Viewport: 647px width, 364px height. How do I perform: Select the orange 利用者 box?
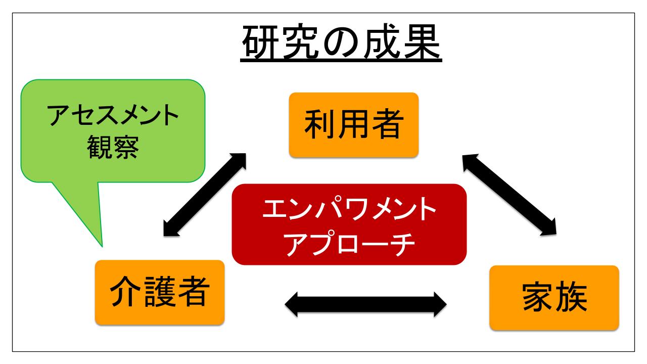click(x=354, y=125)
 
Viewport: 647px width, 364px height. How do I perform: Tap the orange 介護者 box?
click(x=160, y=292)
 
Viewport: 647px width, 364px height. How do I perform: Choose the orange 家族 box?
click(x=554, y=298)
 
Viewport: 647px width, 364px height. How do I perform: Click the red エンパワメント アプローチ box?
click(x=349, y=224)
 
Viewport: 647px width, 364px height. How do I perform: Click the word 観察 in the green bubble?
click(x=113, y=147)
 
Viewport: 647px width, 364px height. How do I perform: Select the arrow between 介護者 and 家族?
click(x=365, y=304)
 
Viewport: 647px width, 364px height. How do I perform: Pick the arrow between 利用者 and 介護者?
click(x=205, y=195)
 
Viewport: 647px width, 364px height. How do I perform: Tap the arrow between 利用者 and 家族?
click(x=509, y=195)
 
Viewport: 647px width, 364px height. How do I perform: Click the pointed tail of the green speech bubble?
click(x=102, y=246)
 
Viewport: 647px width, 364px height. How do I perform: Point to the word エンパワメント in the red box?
click(x=349, y=209)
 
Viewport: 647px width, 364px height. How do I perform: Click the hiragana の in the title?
click(x=341, y=43)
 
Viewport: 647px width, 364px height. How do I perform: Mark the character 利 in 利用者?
click(x=320, y=124)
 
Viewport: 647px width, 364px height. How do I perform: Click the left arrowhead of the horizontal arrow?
click(x=291, y=304)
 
